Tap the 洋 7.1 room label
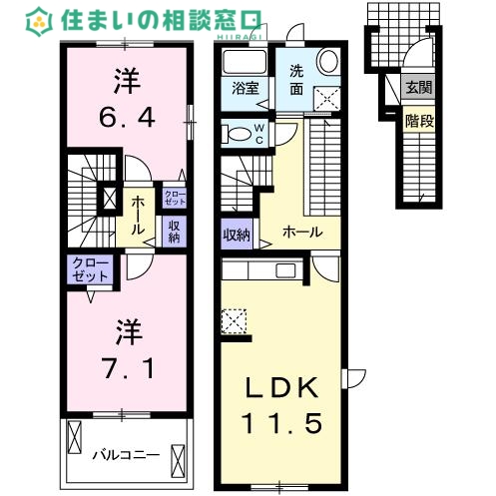click(126, 349)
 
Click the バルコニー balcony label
click(126, 454)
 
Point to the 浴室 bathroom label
click(245, 88)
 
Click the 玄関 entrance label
click(418, 88)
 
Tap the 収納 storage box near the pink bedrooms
click(173, 232)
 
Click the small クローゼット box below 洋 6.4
click(173, 197)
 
